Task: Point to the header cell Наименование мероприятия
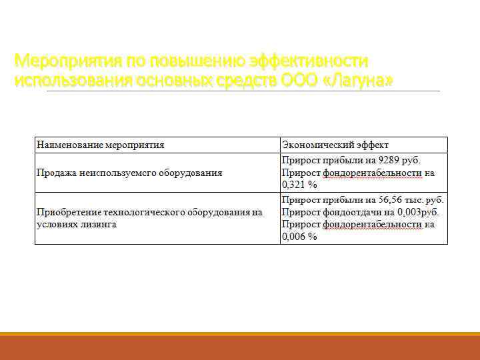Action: tap(101, 145)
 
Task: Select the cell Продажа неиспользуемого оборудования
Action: tap(129, 173)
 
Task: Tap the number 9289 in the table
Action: tap(391, 161)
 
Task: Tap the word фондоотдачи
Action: tap(351, 212)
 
